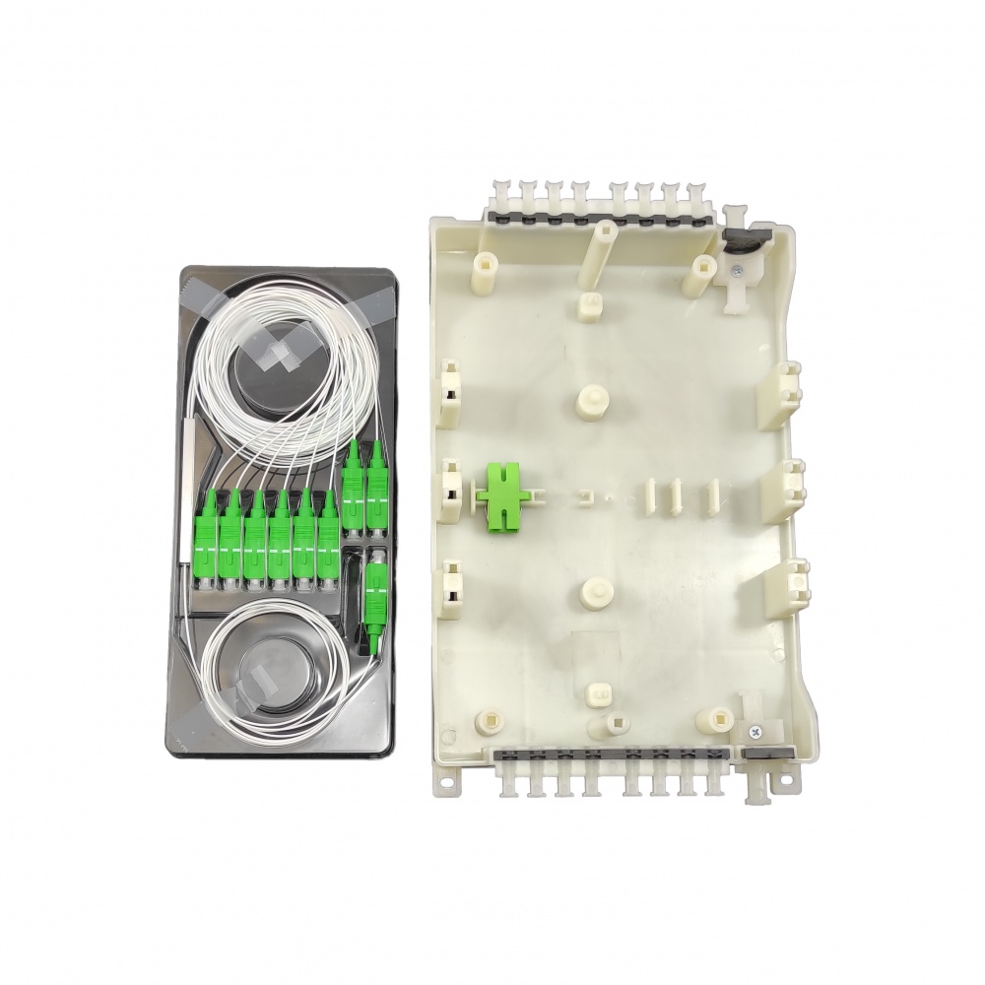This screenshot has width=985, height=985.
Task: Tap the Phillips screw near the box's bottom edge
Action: point(755,731)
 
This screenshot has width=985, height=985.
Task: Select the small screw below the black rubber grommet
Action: point(738,269)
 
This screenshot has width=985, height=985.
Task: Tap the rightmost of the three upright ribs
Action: point(708,497)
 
